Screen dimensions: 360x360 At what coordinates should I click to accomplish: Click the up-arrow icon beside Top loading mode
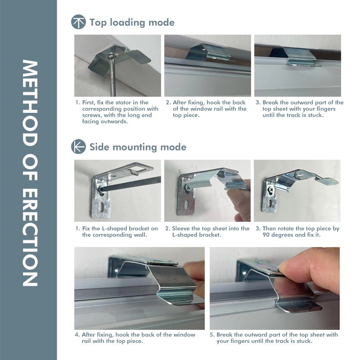[78, 22]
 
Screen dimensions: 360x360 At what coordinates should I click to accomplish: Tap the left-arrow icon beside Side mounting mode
[78, 147]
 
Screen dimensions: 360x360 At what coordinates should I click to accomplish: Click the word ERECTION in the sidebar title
[30, 238]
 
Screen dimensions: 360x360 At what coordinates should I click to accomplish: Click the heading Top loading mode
[132, 22]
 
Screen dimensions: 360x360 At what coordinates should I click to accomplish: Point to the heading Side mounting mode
[138, 147]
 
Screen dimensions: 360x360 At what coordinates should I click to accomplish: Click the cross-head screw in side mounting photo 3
[271, 190]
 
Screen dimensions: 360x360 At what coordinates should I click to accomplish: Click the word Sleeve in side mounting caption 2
[181, 229]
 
